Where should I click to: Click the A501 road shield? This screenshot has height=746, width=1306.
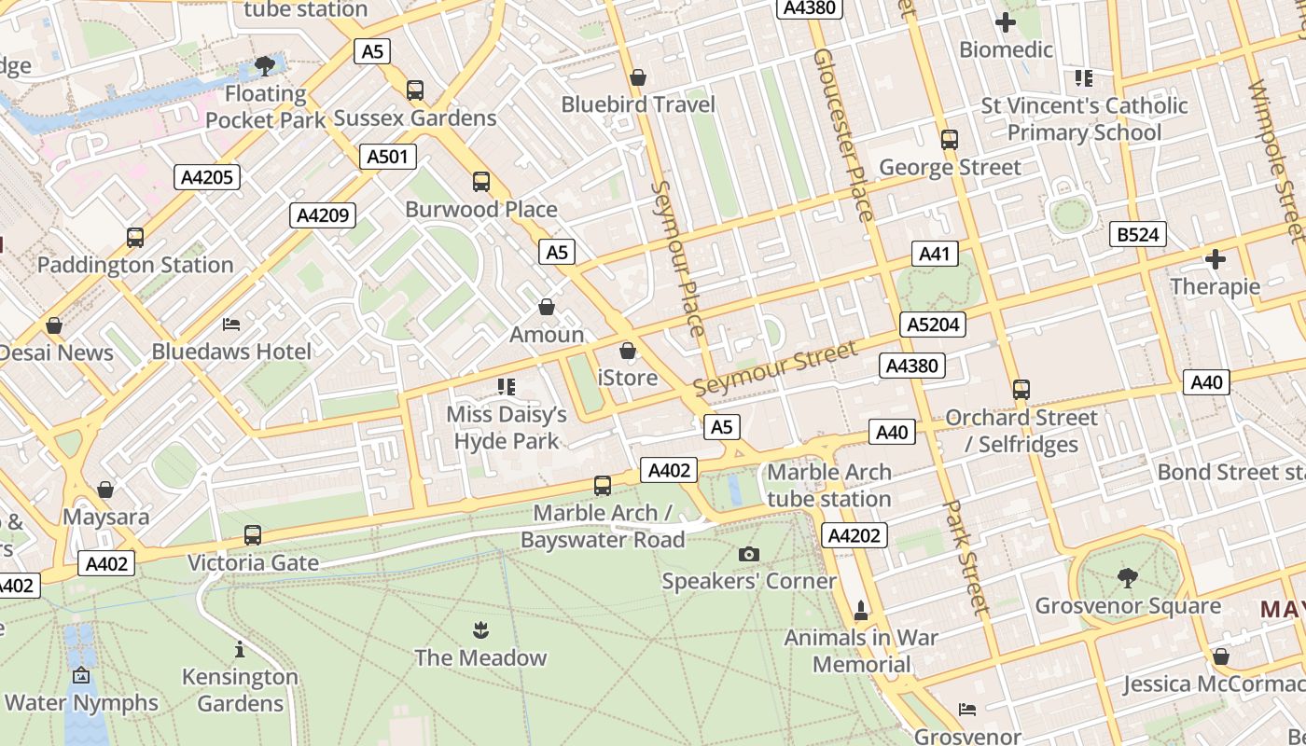388,157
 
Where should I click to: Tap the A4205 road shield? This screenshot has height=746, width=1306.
207,177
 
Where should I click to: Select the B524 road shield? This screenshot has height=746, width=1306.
1138,234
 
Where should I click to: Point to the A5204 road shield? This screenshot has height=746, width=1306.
933,325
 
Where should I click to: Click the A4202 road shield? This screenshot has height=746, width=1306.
854,535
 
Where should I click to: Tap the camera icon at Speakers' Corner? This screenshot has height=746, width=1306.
748,555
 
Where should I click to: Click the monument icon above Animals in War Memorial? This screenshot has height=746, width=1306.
860,611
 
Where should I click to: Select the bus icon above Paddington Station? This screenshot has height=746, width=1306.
135,238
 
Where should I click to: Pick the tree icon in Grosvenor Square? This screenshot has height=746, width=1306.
1127,578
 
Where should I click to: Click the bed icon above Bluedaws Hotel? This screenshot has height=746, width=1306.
231,325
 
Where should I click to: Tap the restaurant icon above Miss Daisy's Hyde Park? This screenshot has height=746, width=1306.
507,386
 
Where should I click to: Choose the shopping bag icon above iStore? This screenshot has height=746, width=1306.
628,351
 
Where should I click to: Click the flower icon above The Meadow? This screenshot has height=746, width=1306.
480,629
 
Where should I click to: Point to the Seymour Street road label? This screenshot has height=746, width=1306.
774,369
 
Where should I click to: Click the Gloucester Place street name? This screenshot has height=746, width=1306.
843,134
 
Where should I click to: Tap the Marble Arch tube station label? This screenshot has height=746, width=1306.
828,485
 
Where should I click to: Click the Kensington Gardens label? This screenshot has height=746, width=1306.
240,689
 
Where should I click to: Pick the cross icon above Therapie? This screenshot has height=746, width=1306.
1216,258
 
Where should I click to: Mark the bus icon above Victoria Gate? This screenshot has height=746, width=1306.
253,535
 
